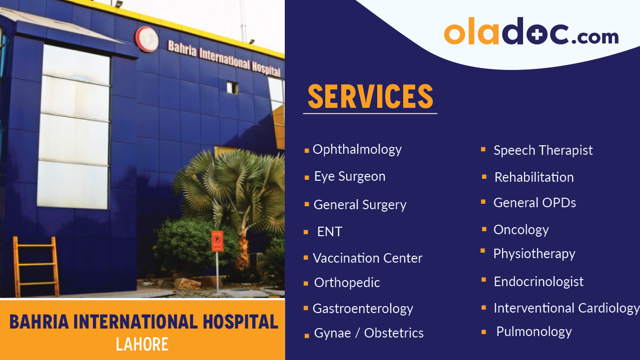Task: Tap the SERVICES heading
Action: (370, 96)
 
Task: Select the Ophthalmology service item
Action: (357, 150)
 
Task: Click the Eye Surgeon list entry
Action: (349, 177)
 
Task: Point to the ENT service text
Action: (330, 232)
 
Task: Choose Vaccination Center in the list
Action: (367, 258)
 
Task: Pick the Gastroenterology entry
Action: (363, 309)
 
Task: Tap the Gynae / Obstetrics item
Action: (369, 333)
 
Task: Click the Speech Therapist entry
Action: (543, 150)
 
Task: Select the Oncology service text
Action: (521, 230)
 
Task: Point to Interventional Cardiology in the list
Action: (566, 308)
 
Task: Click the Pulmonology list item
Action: (534, 332)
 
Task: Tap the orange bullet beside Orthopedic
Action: (306, 284)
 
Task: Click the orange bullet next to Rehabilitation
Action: (484, 177)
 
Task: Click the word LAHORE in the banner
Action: (142, 344)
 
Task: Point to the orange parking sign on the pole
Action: (217, 241)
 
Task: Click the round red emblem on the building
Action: (146, 39)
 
